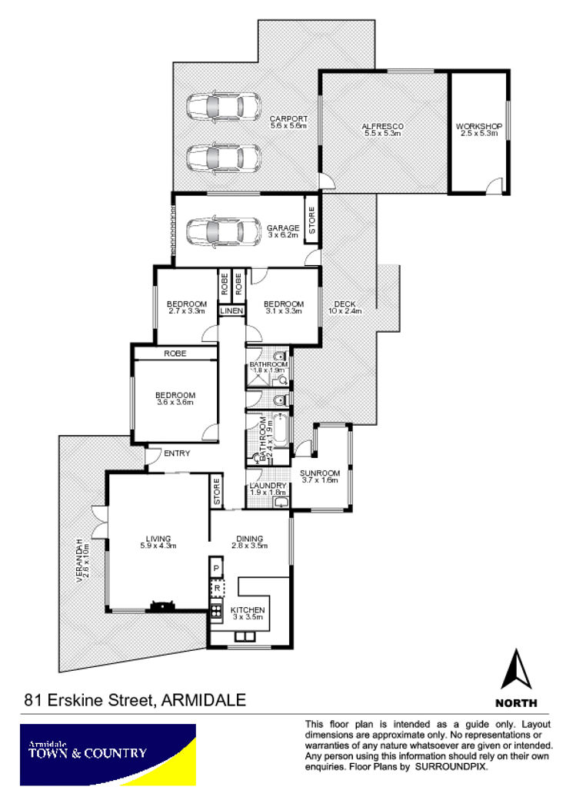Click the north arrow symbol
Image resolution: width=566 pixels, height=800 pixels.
[516, 669]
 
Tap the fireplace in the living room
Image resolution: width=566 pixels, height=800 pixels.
[163, 606]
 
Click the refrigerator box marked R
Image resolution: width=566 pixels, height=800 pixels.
[217, 588]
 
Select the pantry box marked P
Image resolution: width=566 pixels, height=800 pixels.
[216, 568]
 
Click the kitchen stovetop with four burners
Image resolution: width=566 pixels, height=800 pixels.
[216, 611]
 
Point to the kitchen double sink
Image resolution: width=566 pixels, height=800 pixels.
[244, 636]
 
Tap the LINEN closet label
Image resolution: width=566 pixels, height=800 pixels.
[231, 310]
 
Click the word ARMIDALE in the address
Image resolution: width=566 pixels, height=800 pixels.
[204, 699]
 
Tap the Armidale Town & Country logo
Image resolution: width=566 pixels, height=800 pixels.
[108, 755]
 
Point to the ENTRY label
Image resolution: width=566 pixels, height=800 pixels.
[177, 453]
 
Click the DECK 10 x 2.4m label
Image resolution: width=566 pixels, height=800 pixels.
[345, 307]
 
